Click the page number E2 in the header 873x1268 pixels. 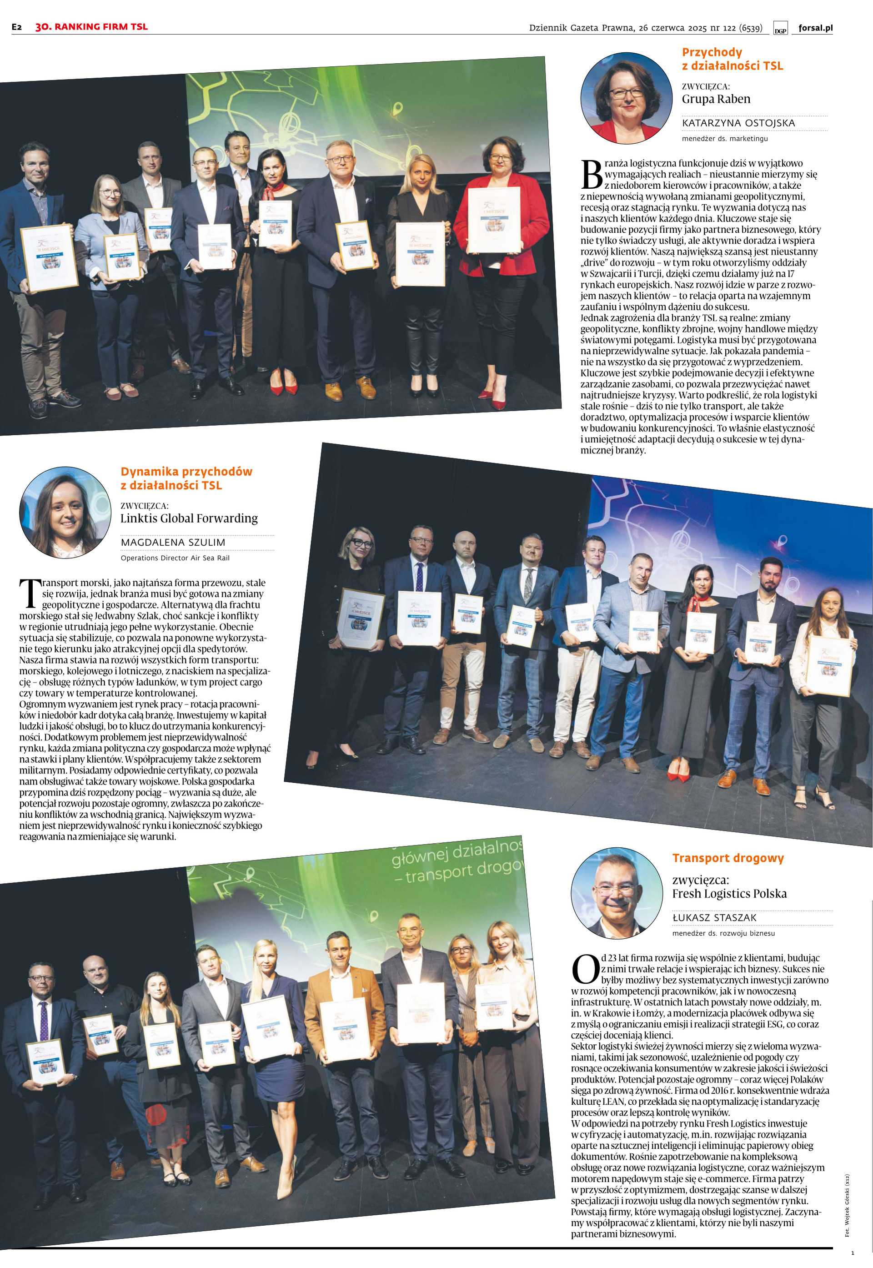[x=17, y=27]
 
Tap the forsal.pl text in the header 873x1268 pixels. [x=815, y=28]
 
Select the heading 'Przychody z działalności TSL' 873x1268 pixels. [x=732, y=59]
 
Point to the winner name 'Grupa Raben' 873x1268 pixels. [x=716, y=99]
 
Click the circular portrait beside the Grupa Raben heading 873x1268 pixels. [x=626, y=98]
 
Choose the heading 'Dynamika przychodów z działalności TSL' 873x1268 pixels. [x=186, y=478]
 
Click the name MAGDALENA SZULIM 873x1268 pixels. [x=173, y=542]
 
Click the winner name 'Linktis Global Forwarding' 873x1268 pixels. [x=189, y=518]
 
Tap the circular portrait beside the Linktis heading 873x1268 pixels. [x=65, y=513]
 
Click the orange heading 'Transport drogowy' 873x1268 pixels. [x=727, y=858]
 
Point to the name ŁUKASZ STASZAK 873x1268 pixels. [x=714, y=917]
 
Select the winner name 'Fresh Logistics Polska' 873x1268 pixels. [x=729, y=893]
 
